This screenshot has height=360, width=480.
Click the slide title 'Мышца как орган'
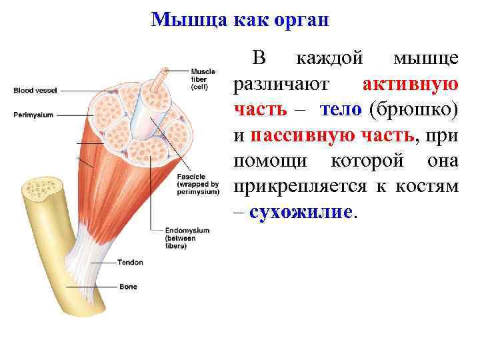coord(240,19)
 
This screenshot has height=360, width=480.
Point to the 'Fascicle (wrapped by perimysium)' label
coord(198,184)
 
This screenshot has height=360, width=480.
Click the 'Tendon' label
coord(130,263)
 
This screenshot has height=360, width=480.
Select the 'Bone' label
coord(128,287)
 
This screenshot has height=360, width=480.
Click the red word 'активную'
coord(410,85)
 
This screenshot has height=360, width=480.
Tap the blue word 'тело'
coord(340,110)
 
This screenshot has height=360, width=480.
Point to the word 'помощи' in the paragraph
coord(270,161)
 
